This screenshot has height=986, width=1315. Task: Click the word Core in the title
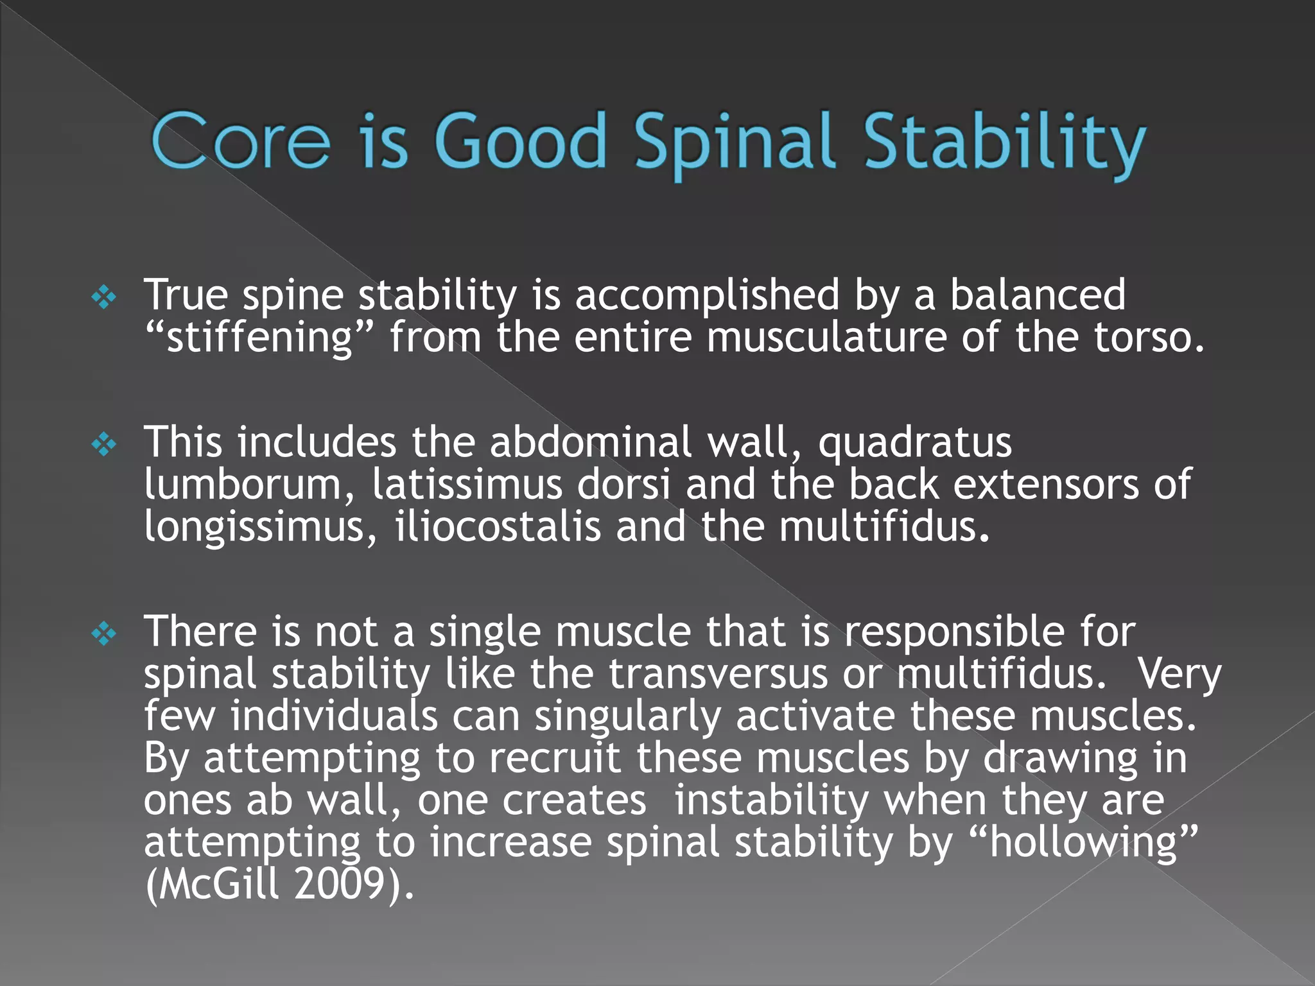[x=240, y=141]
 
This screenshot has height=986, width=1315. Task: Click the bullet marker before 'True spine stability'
[x=104, y=297]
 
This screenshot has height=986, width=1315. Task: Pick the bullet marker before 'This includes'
[x=104, y=444]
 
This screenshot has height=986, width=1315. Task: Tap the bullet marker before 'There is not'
[x=104, y=634]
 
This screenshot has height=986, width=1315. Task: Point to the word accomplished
[x=706, y=295]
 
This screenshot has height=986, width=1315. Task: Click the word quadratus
[x=914, y=443]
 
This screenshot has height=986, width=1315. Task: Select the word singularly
[x=627, y=716]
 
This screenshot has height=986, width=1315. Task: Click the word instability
[x=771, y=800]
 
